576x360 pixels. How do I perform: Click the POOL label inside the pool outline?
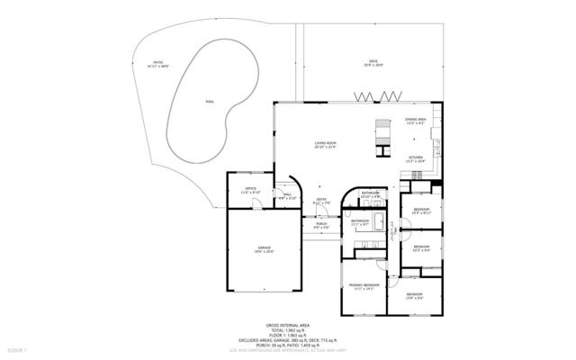click(210, 103)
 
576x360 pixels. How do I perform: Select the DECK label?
click(373, 62)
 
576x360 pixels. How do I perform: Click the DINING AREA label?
click(415, 119)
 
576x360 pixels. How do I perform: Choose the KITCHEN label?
click(416, 157)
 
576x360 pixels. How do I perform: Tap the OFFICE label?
click(250, 188)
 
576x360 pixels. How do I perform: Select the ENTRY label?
click(321, 199)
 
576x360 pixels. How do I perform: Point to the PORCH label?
click(320, 223)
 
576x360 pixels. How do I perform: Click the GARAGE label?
click(265, 247)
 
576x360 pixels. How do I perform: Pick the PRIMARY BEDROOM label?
click(364, 284)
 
